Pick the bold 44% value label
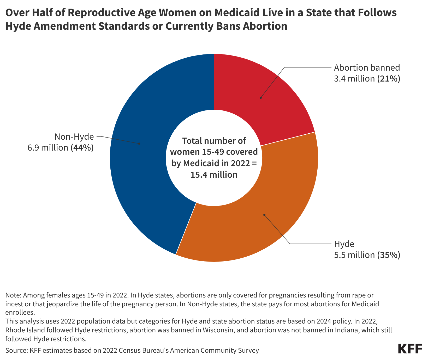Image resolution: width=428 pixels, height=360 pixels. (x=82, y=148)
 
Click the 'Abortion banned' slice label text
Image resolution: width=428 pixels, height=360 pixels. (x=367, y=67)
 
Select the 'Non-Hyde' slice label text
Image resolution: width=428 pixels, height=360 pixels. (x=74, y=137)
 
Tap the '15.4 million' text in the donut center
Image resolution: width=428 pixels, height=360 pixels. (x=214, y=175)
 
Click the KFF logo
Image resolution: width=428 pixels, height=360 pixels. (x=410, y=349)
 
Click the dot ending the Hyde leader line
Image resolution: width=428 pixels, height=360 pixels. (x=264, y=215)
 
